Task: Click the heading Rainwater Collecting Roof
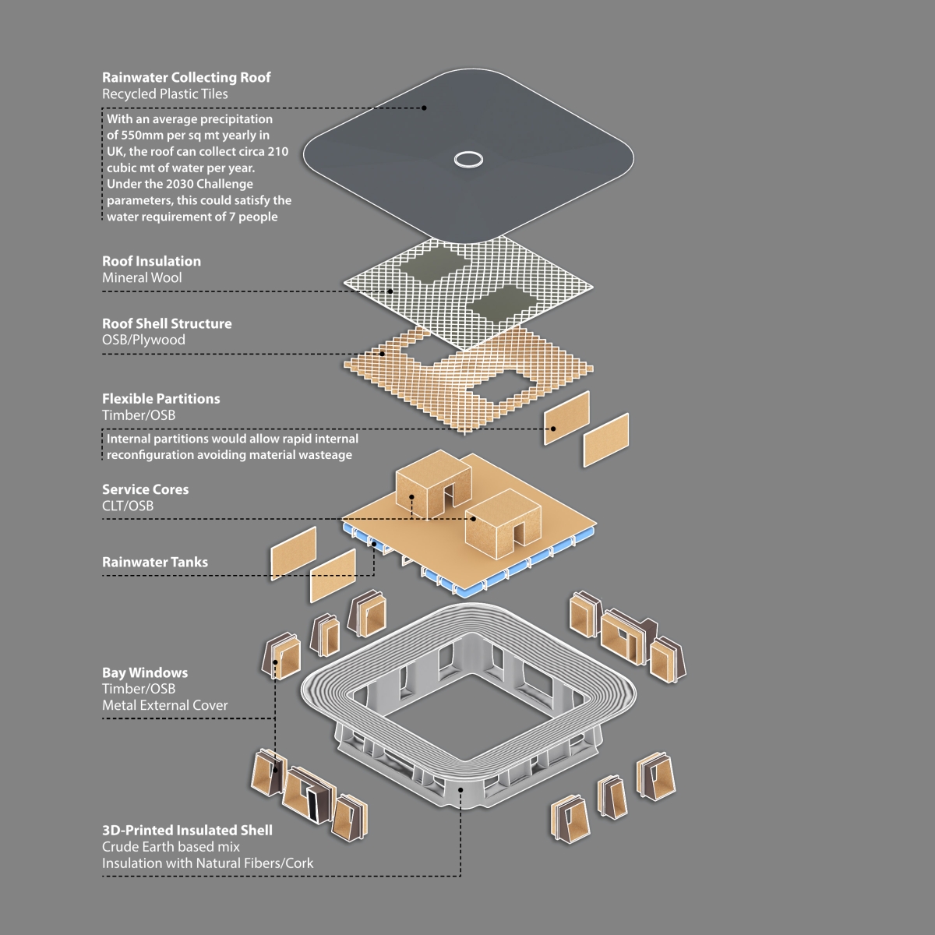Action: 186,77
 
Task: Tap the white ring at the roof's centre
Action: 468,159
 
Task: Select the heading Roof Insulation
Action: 151,261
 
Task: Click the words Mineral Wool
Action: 142,277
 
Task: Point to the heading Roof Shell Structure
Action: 167,323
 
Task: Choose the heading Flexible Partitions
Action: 161,398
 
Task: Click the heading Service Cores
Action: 145,489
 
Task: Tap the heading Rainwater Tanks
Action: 155,562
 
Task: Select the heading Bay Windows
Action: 145,672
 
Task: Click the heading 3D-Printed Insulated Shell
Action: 187,830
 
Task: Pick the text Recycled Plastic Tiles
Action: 164,93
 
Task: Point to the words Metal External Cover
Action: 165,705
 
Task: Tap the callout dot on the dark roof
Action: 424,108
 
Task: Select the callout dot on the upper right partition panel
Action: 554,428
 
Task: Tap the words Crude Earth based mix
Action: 171,846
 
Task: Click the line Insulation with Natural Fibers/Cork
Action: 207,863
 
